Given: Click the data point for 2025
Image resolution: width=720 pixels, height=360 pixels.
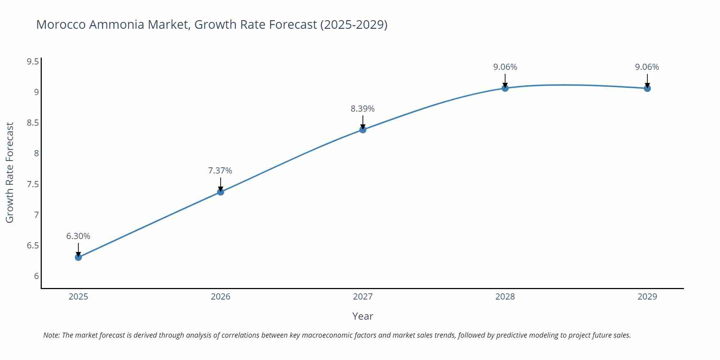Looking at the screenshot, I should click(78, 257).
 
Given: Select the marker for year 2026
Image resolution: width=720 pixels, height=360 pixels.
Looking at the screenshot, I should click(221, 192).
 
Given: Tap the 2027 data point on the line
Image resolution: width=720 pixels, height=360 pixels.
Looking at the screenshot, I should click(363, 130).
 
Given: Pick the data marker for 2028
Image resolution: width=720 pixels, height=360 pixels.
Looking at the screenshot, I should click(505, 88).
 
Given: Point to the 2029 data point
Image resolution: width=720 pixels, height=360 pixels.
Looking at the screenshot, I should click(647, 88).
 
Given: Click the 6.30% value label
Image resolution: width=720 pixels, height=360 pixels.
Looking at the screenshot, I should click(78, 236).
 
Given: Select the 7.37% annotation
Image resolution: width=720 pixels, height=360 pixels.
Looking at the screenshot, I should click(220, 171).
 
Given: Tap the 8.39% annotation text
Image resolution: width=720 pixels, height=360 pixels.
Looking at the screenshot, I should click(363, 109).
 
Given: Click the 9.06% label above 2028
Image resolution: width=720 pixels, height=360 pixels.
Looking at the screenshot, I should click(505, 67).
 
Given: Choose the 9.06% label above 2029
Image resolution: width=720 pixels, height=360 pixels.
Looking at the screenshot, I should click(647, 67).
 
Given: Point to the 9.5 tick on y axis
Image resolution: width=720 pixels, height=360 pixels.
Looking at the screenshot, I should click(33, 62).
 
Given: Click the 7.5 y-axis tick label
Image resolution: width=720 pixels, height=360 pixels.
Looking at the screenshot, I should click(33, 184).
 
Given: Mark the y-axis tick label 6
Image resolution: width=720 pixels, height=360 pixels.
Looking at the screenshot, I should click(36, 276).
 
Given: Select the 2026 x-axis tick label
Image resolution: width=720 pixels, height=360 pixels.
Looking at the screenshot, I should click(221, 297).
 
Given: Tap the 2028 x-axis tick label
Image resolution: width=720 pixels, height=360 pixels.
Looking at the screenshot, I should click(505, 297).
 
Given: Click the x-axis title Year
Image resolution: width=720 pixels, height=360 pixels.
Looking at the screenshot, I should click(363, 316).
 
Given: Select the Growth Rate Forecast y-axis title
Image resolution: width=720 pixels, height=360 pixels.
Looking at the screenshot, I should click(10, 172).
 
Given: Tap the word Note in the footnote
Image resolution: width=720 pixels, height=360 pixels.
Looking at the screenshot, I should click(51, 335).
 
